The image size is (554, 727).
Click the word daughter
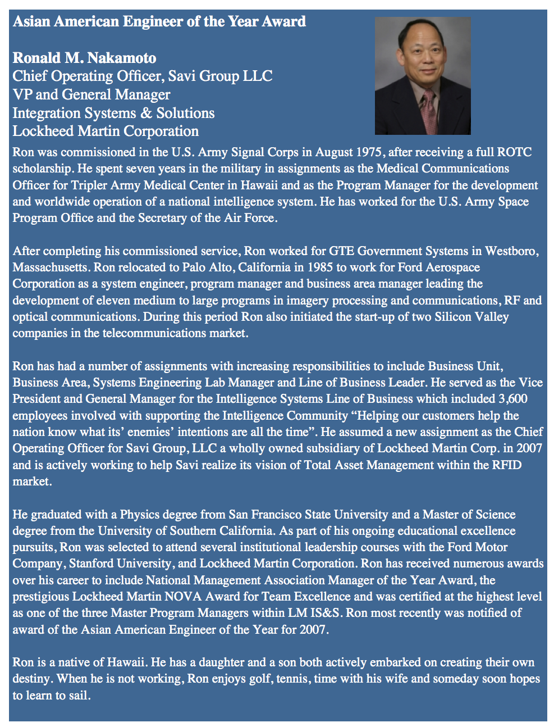[221, 662]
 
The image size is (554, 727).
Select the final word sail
[79, 696]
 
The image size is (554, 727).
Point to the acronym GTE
[341, 251]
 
